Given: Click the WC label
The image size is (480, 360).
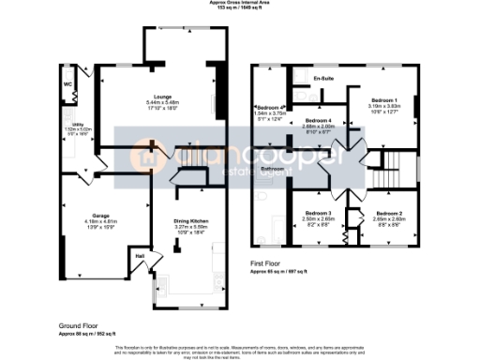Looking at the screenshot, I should pyautogui.click(x=67, y=84).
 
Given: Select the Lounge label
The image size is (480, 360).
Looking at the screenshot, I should pyautogui.click(x=156, y=96).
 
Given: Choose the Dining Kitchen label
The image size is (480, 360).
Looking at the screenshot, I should pyautogui.click(x=190, y=220).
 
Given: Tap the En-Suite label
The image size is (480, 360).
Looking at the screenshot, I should pyautogui.click(x=324, y=79).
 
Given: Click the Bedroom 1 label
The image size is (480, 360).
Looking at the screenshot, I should pyautogui.click(x=383, y=100).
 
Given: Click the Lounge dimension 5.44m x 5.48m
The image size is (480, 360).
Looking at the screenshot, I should pyautogui.click(x=156, y=102).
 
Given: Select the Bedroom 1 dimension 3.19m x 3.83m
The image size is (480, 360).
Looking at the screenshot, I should pyautogui.click(x=383, y=106).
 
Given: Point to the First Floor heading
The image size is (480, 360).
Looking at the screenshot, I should pyautogui.click(x=268, y=265).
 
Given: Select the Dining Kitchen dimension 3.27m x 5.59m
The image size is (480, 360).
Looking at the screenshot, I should pyautogui.click(x=190, y=227).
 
